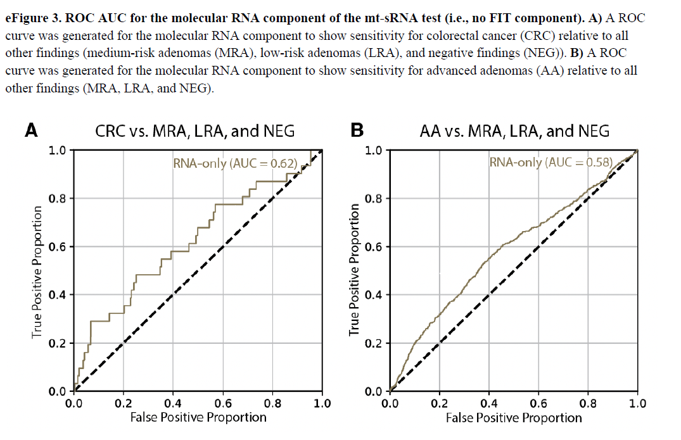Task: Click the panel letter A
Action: [31, 130]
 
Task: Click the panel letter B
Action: [357, 130]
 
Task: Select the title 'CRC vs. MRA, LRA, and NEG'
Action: [194, 131]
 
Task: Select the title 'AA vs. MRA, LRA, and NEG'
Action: [514, 131]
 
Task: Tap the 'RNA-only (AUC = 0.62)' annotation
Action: [235, 163]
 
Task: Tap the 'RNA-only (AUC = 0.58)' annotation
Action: [551, 162]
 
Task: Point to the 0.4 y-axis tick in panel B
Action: [374, 295]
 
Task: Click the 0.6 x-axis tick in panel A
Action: [223, 403]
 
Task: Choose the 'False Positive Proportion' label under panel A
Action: [198, 417]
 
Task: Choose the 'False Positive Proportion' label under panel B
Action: [514, 417]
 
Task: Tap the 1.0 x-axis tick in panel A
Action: [322, 403]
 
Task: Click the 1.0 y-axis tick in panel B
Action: [374, 151]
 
